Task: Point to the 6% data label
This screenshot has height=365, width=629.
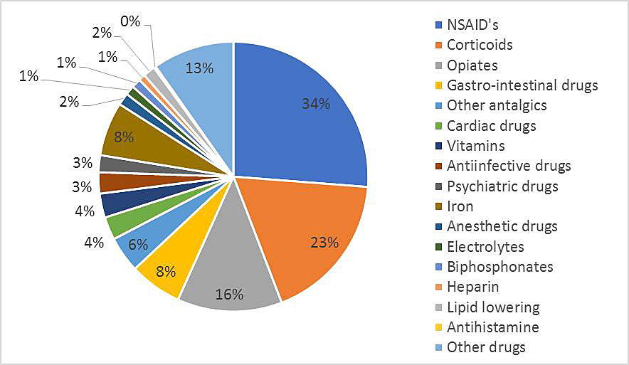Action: point(138,243)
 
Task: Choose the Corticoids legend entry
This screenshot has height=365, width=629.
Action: point(479,45)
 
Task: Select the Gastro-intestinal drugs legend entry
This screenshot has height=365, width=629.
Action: point(522,85)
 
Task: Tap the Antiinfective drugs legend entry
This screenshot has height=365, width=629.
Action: point(508,166)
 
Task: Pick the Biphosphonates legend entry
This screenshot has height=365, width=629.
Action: point(499,267)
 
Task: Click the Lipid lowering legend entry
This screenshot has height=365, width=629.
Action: point(492,307)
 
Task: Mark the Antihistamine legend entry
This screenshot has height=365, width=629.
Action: point(492,327)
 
